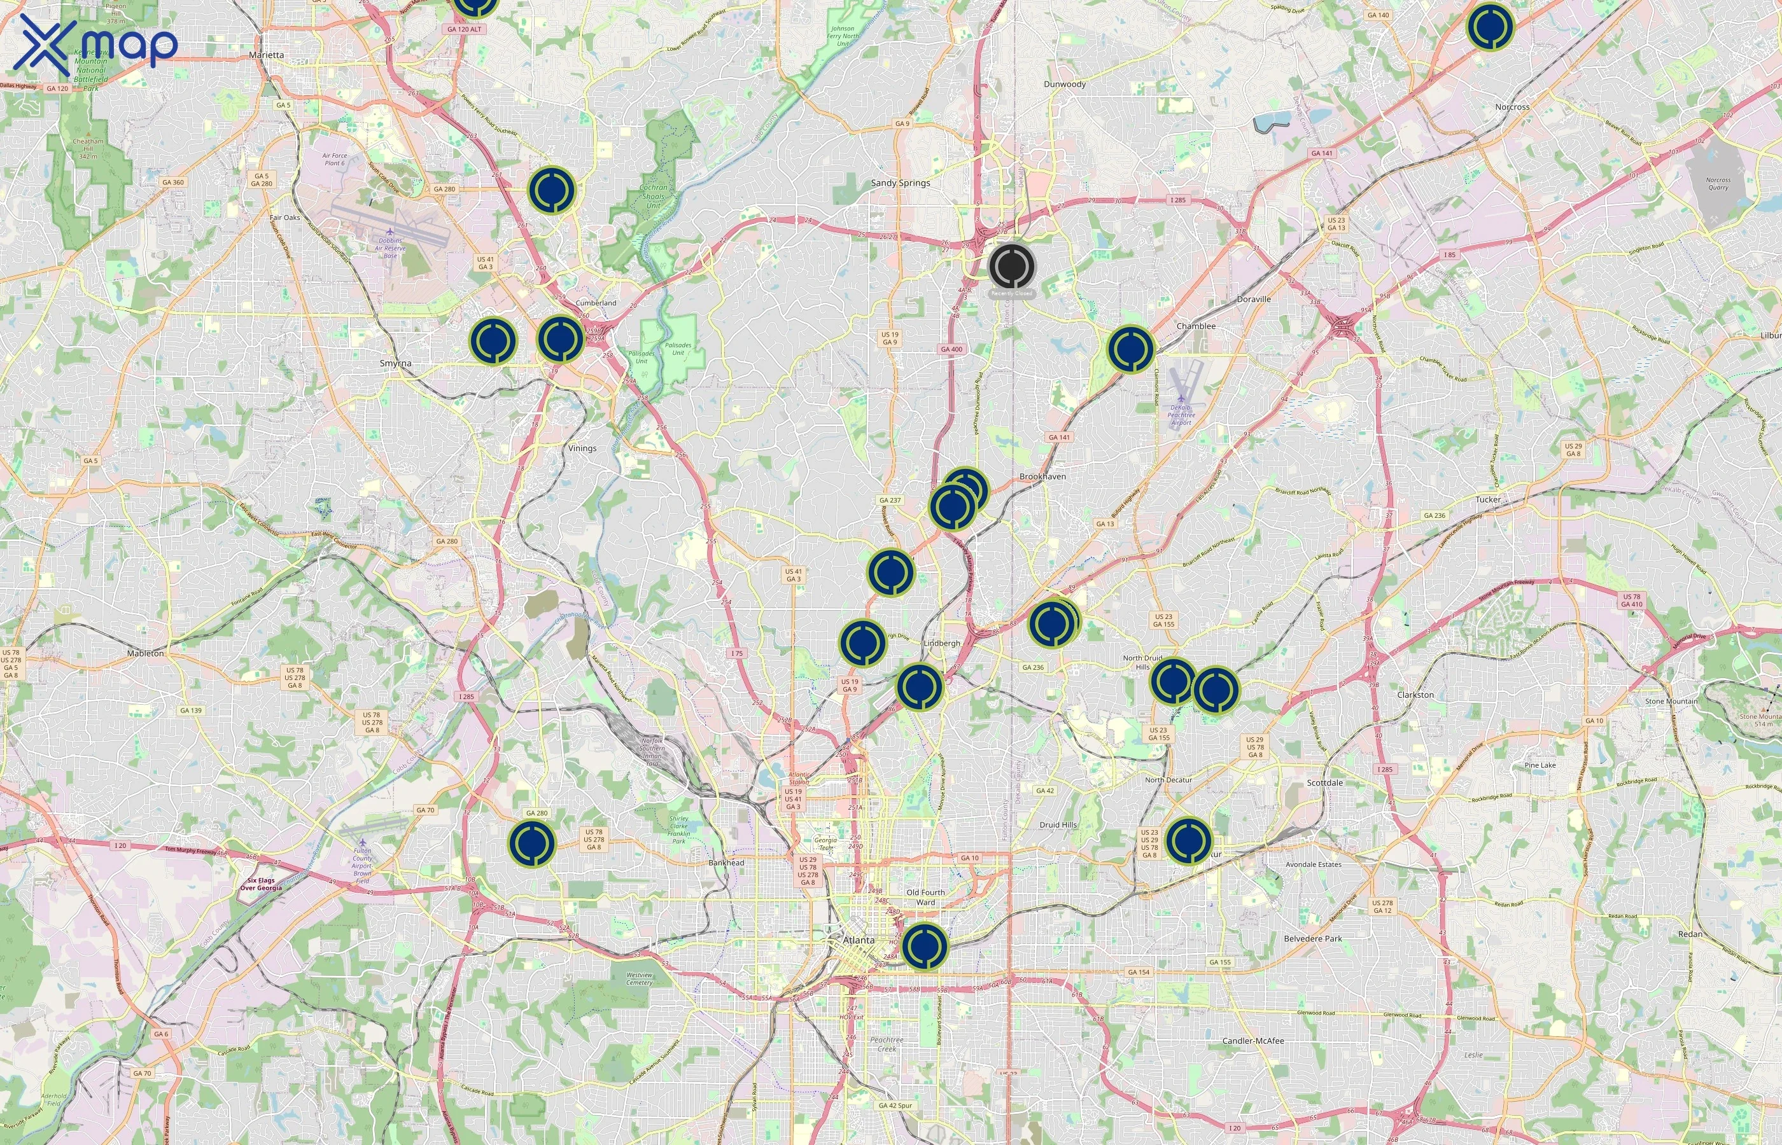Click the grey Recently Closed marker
point(1011,266)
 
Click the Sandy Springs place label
point(900,183)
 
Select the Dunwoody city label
point(1064,84)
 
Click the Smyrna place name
point(395,363)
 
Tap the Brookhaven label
point(1042,476)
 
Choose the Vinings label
point(582,448)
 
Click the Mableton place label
point(145,653)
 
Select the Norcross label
point(1512,107)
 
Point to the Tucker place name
point(1487,499)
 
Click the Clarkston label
point(1415,695)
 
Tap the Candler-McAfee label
point(1252,1041)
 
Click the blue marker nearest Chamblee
point(1130,349)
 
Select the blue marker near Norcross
point(1490,27)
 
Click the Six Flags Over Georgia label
point(260,884)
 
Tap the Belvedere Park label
point(1313,939)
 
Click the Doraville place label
point(1253,299)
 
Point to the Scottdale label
point(1324,783)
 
